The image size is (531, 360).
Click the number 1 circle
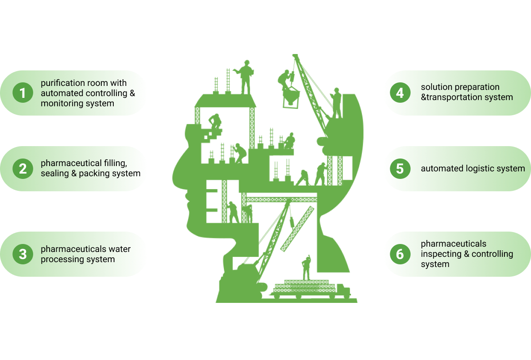click(23, 93)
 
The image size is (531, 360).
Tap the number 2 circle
click(23, 169)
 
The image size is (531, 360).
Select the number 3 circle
click(23, 254)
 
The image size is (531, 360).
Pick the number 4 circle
click(400, 93)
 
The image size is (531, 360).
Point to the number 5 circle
click(400, 169)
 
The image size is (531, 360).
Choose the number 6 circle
click(400, 254)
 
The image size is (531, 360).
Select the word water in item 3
click(119, 249)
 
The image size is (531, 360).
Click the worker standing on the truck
click(306, 267)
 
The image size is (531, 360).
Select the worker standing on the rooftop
click(245, 76)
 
